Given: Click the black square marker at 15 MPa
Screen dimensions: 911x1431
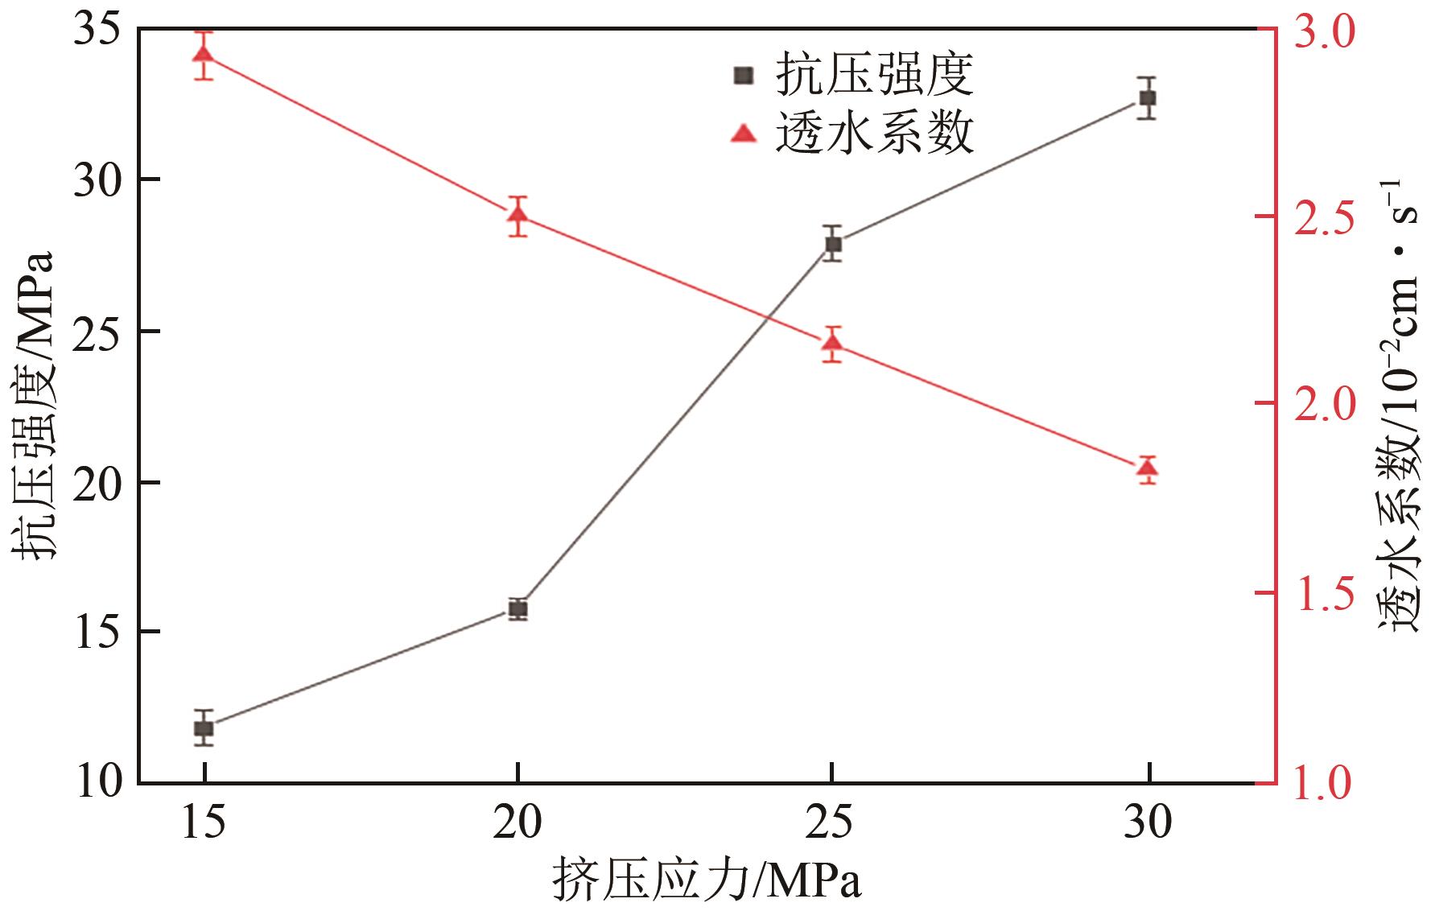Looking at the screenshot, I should pos(204,728).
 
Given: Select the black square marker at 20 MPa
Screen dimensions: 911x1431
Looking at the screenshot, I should pos(518,608).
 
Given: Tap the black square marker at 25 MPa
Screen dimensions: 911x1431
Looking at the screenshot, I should pos(833,244).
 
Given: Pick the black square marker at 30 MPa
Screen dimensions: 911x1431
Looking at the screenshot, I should pos(1148,98).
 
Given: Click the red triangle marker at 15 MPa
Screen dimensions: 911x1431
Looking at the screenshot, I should pos(204,55).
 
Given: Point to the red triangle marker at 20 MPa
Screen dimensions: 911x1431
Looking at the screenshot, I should pos(518,215).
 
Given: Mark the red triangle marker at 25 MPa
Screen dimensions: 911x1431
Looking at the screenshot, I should pos(833,344).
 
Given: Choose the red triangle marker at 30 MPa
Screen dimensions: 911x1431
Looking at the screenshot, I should pos(1148,468).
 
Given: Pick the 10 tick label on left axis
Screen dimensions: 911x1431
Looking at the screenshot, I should pos(96,782).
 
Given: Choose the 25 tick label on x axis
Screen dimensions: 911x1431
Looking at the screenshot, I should pos(833,825).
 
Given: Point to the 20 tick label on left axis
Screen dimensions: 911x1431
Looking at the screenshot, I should pos(96,482).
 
